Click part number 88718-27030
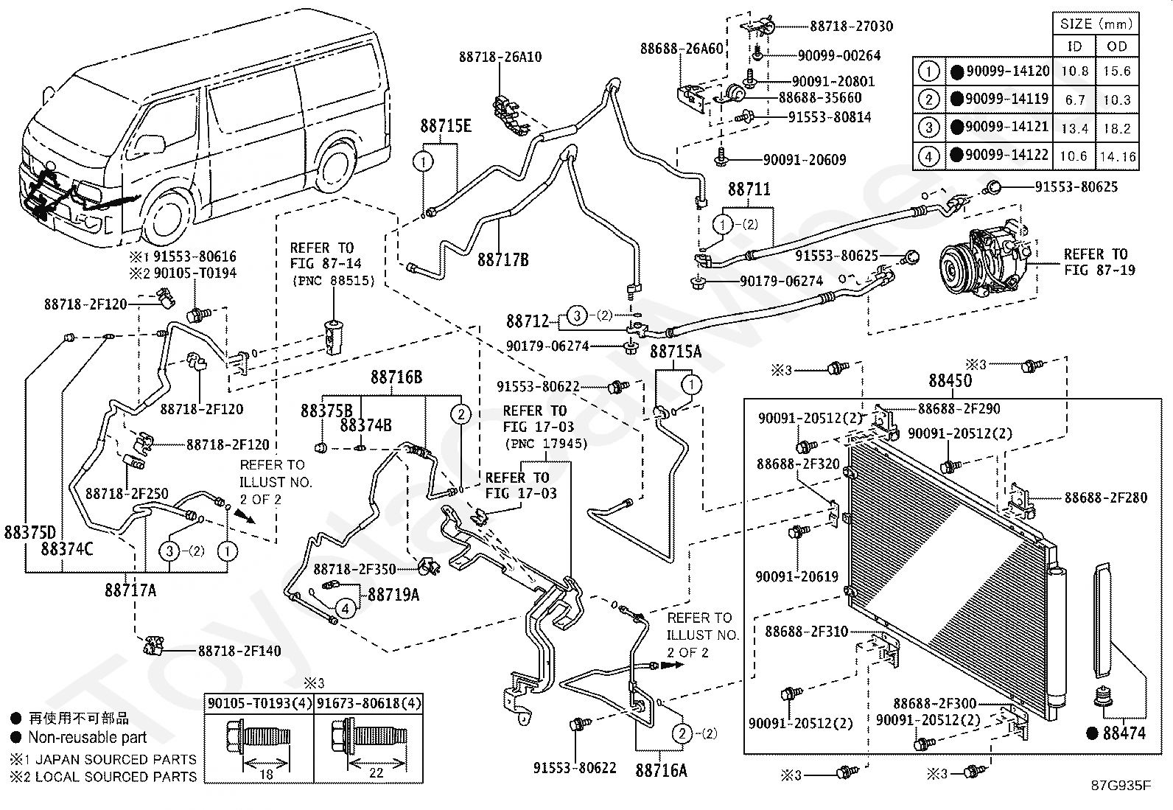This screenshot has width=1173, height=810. tap(852, 26)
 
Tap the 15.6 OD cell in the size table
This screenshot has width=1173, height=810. tap(1117, 71)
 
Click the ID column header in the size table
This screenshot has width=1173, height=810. tap(1074, 46)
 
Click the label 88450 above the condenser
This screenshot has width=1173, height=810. tap(950, 380)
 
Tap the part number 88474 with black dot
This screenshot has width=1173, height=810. tap(1118, 733)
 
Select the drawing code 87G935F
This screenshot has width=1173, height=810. tap(1121, 785)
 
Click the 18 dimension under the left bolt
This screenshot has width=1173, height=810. tap(266, 774)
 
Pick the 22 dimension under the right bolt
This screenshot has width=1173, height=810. tap(376, 773)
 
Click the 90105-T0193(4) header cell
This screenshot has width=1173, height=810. tap(259, 703)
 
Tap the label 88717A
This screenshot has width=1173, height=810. tap(130, 590)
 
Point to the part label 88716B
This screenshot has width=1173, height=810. tap(396, 377)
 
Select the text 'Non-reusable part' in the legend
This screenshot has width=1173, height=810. tap(88, 737)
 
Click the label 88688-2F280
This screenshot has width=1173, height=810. tap(1105, 497)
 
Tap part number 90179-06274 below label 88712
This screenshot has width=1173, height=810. tap(547, 346)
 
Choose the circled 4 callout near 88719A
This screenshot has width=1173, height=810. tap(345, 609)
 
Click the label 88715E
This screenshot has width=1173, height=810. tap(446, 126)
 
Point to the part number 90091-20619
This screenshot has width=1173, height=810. tap(796, 577)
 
